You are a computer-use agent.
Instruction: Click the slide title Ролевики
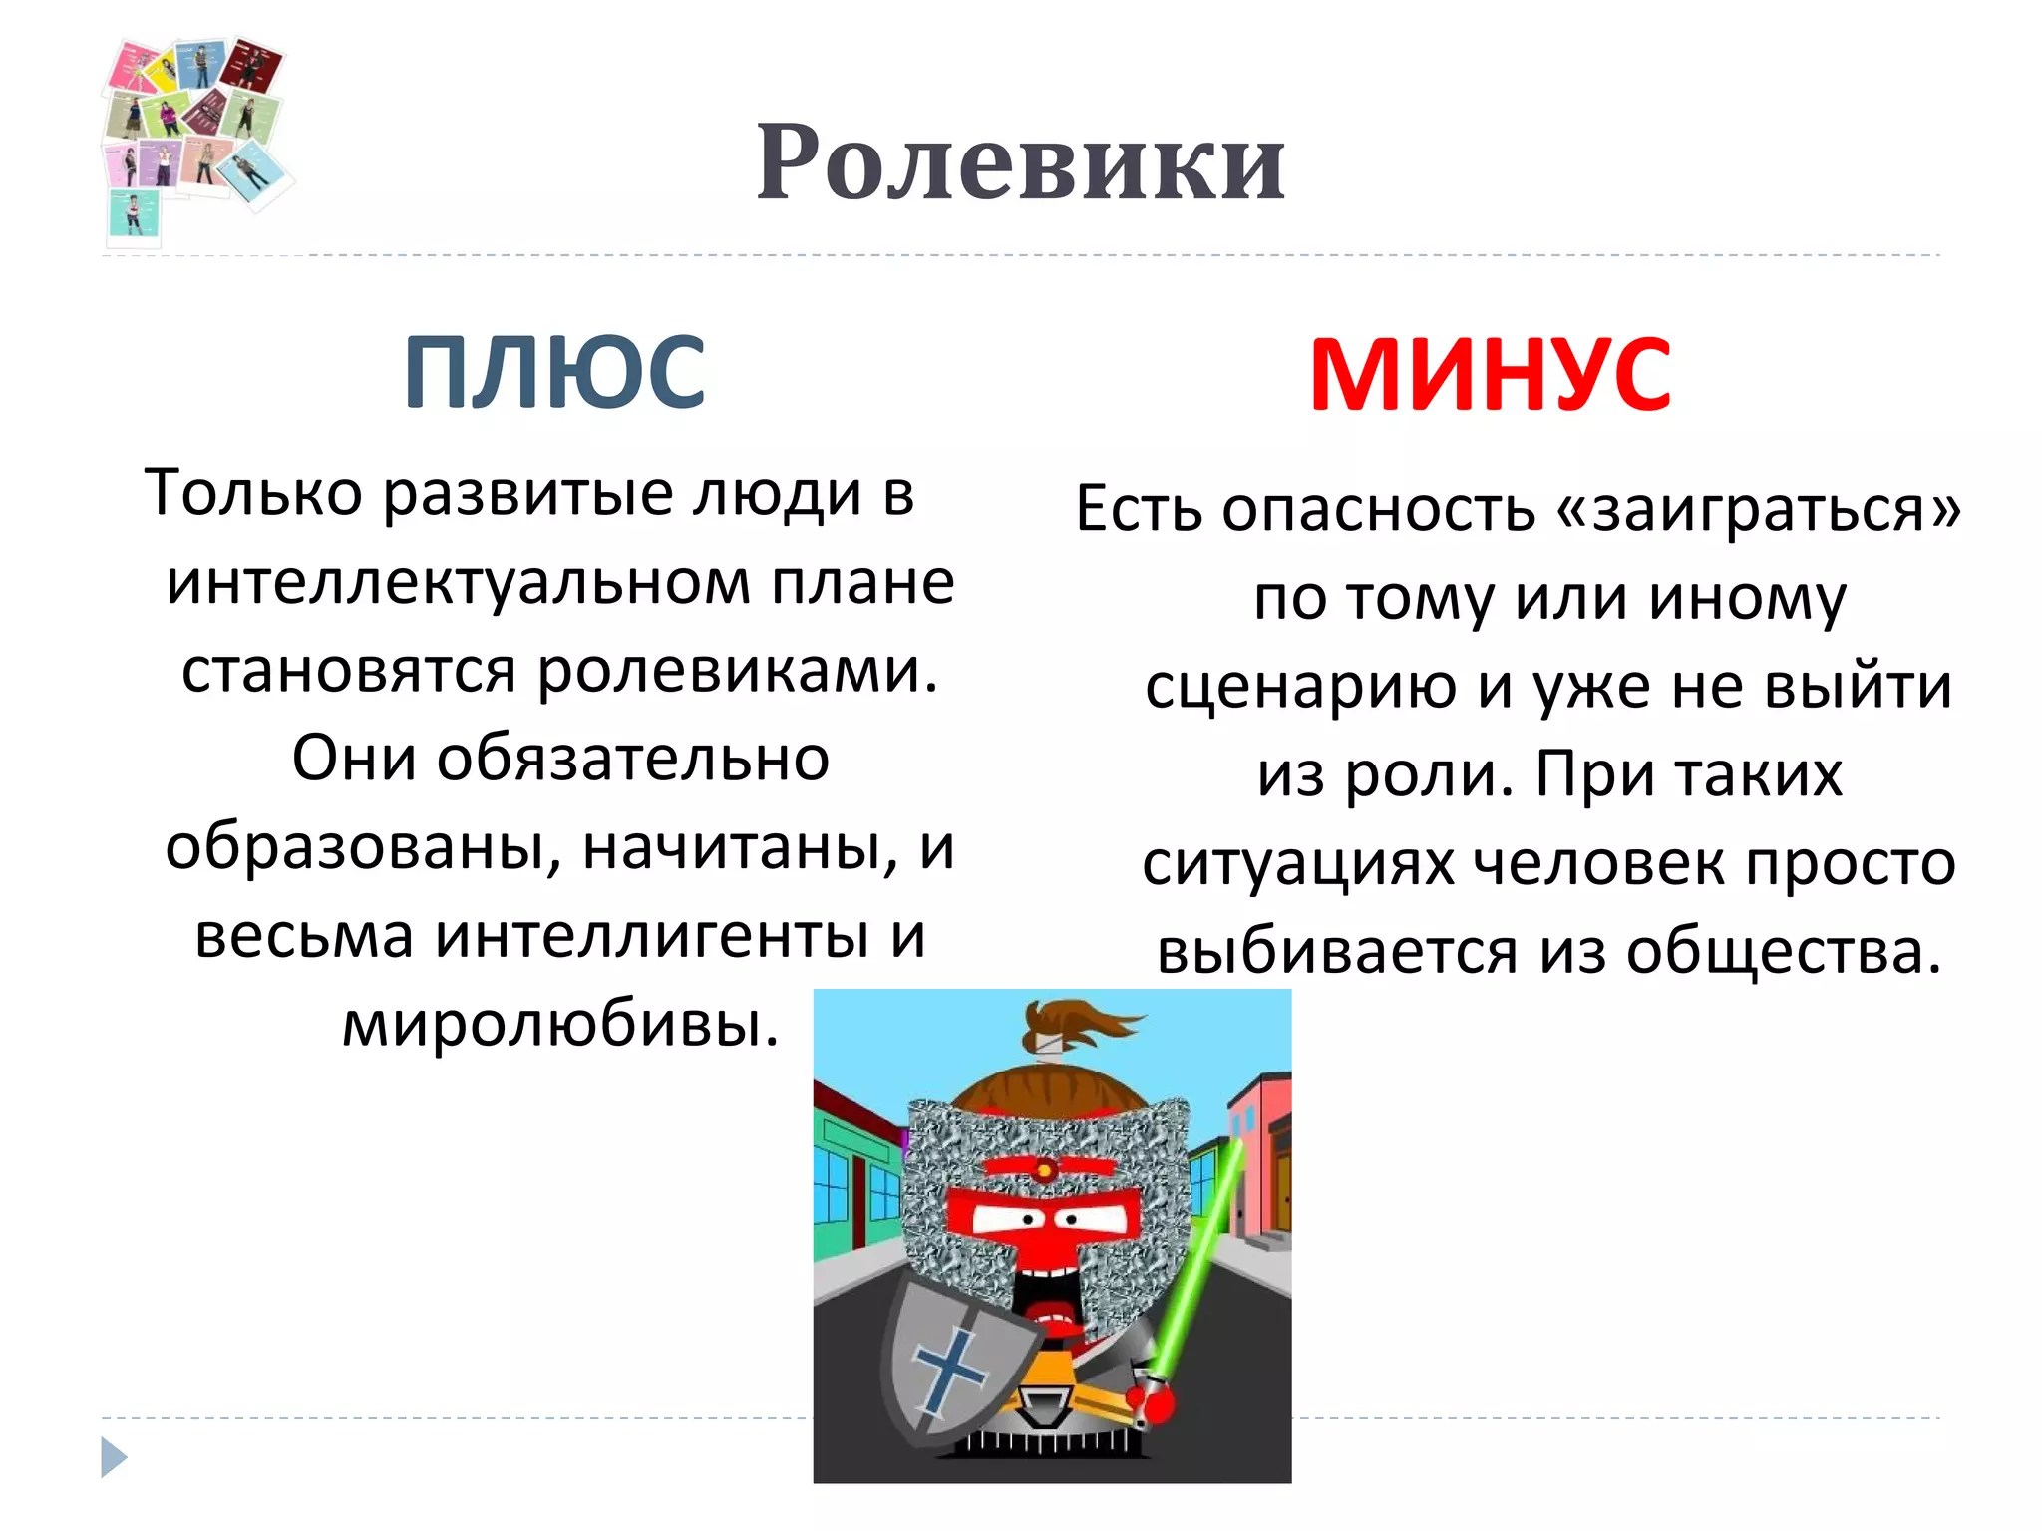click(x=1020, y=162)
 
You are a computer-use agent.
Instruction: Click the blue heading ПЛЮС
click(x=554, y=373)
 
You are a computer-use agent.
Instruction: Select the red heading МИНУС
click(x=1490, y=375)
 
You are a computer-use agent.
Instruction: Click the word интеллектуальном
click(x=459, y=582)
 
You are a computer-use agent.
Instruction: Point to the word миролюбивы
click(x=559, y=1024)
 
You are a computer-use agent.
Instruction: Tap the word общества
click(x=1784, y=951)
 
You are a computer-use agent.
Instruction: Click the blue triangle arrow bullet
click(x=114, y=1457)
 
